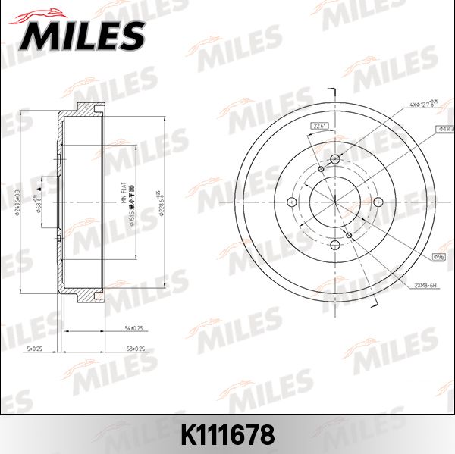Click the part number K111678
tap(227, 435)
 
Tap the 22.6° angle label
tap(318, 126)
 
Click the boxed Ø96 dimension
tap(438, 257)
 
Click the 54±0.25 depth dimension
tap(133, 328)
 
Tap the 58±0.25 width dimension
tap(136, 348)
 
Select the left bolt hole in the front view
tap(293, 202)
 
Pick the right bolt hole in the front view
tap(380, 202)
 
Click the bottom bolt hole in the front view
tap(336, 244)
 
